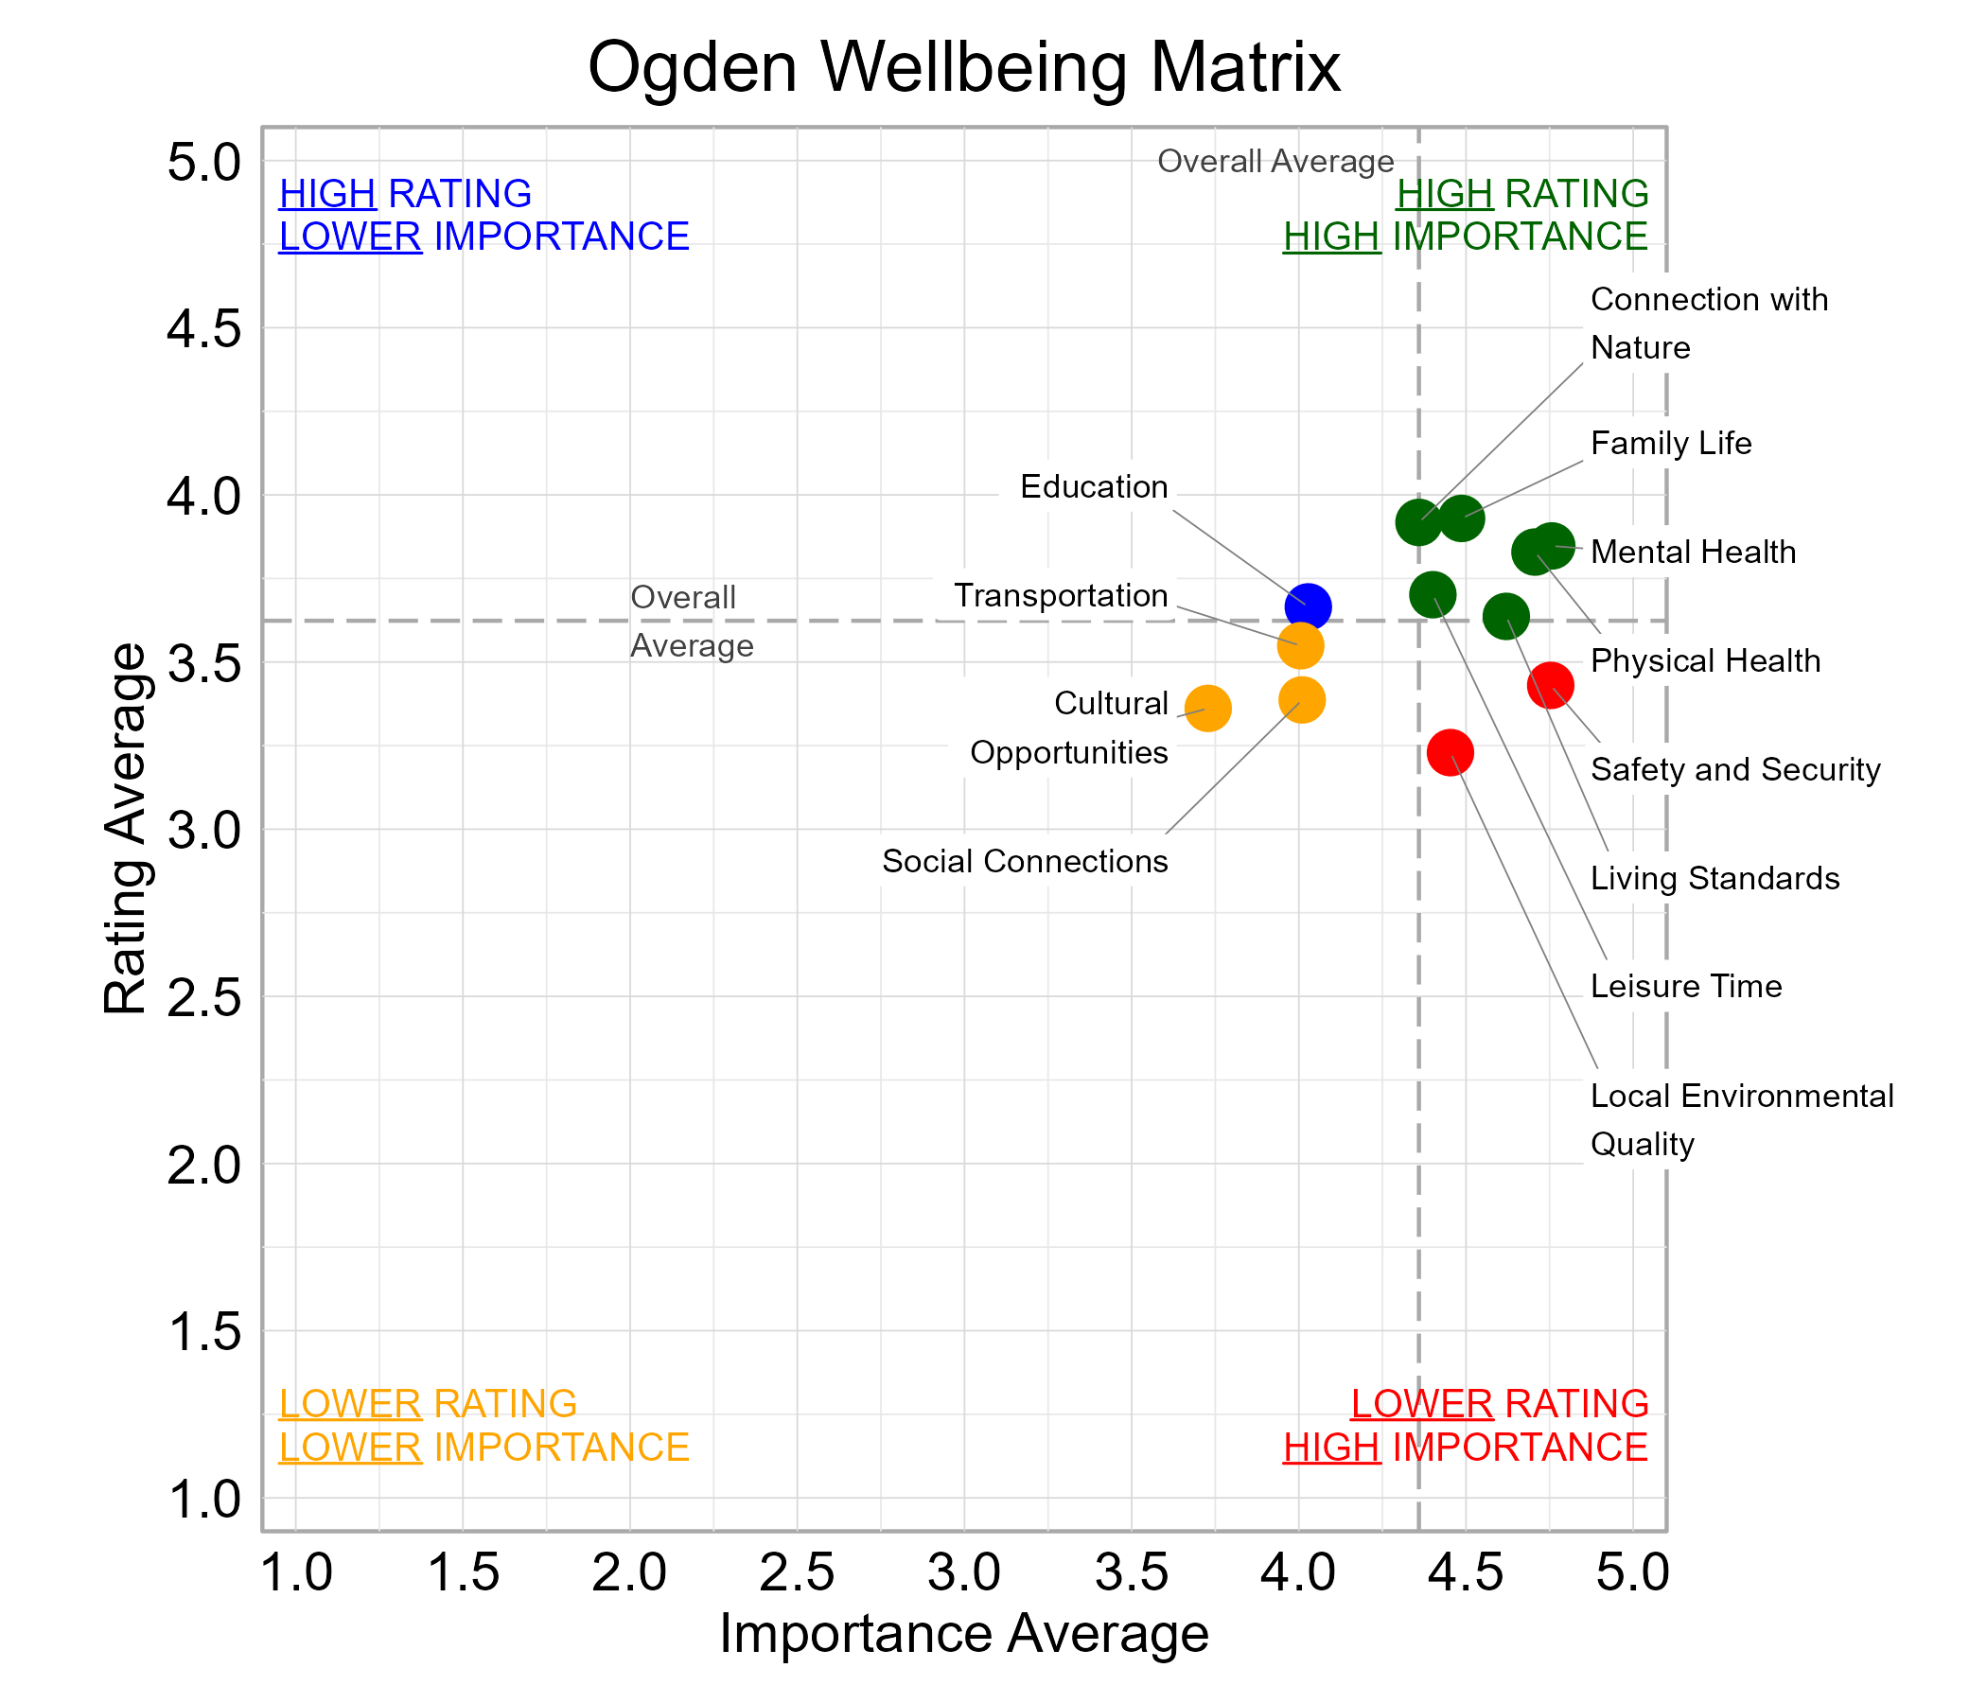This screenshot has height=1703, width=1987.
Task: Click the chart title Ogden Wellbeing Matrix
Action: tap(963, 67)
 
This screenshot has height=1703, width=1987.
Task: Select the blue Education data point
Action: tap(1307, 606)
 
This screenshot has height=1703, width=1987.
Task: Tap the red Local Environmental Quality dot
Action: tap(1449, 752)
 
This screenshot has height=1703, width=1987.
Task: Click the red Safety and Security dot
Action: tap(1549, 685)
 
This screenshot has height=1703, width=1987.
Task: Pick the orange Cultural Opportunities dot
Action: tap(1207, 709)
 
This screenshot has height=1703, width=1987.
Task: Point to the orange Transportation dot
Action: tap(1299, 645)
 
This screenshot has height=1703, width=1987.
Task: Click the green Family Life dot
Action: tap(1461, 518)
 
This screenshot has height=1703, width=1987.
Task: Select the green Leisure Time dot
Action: tap(1432, 594)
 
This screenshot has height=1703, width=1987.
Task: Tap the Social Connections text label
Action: tap(1024, 861)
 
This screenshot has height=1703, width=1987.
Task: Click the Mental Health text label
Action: tap(1693, 553)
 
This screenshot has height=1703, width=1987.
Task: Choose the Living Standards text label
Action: tap(1714, 878)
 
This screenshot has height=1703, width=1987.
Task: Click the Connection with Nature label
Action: tap(1708, 324)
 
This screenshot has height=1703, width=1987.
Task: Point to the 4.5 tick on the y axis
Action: tap(204, 329)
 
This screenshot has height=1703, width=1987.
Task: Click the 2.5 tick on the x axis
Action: tap(796, 1573)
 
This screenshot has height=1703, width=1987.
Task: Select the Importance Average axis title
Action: tap(963, 1634)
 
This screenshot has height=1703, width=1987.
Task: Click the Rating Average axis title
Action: tap(126, 829)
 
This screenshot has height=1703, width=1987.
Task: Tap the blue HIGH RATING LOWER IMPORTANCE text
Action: tap(484, 215)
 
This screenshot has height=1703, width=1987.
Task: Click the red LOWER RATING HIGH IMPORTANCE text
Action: tap(1466, 1425)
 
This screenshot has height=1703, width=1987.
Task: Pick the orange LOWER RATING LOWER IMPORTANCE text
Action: tap(484, 1425)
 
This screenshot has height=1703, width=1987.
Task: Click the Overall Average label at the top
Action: tap(1275, 161)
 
